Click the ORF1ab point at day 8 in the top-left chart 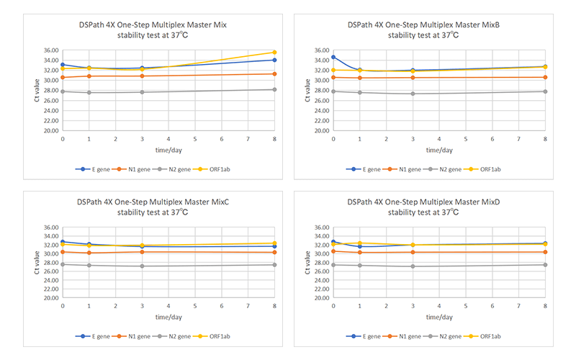[x=274, y=52]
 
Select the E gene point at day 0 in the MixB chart [x=333, y=57]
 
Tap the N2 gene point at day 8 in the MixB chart [x=545, y=91]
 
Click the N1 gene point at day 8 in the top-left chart [x=274, y=73]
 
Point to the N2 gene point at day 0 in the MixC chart [x=63, y=264]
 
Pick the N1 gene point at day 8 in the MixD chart [x=545, y=252]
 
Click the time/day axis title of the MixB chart [x=438, y=150]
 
